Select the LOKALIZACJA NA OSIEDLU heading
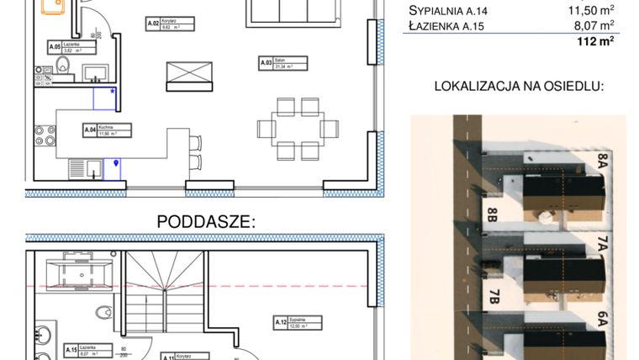(519, 86)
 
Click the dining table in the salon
(298, 129)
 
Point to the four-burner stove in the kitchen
(45, 136)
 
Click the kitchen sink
(80, 169)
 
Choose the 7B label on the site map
(494, 297)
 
